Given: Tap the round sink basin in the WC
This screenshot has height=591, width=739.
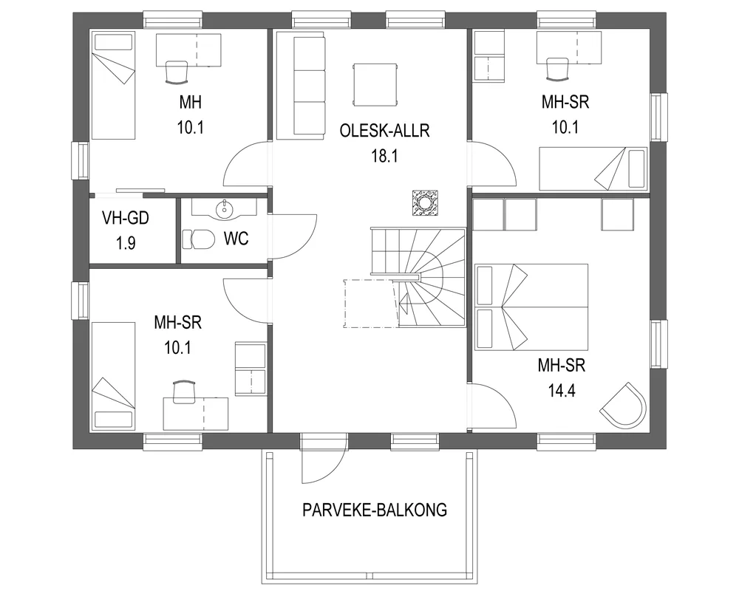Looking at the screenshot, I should (x=223, y=211).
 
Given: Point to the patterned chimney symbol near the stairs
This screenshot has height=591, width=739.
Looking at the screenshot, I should (x=425, y=202).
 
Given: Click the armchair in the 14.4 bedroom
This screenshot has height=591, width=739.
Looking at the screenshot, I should (x=623, y=403).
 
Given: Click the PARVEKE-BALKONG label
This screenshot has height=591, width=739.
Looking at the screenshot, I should (x=374, y=510).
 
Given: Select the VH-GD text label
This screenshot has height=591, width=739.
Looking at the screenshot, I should (x=126, y=218).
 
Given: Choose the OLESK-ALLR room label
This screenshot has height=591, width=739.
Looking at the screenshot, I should (x=384, y=131).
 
